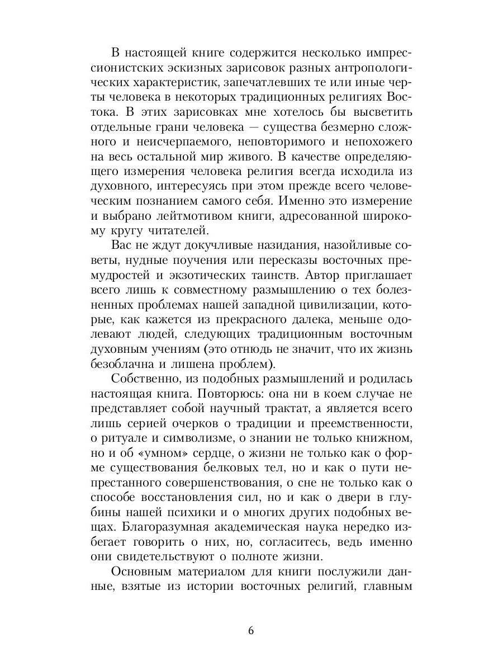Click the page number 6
pyautogui.click(x=251, y=631)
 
